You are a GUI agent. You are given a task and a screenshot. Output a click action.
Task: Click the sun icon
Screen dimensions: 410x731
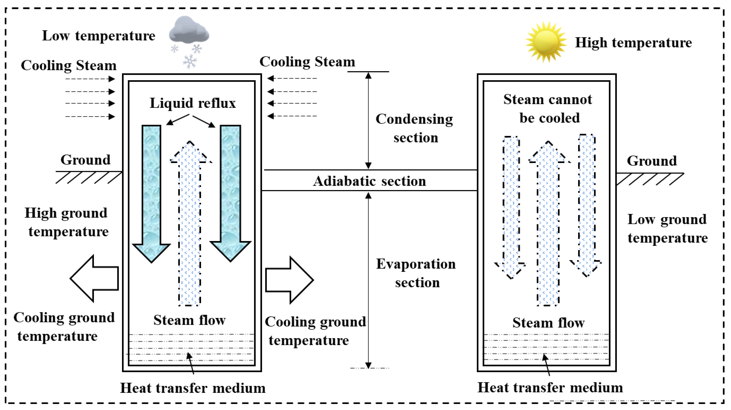[x=546, y=42]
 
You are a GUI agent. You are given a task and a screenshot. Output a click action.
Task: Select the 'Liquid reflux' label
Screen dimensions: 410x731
[x=193, y=103]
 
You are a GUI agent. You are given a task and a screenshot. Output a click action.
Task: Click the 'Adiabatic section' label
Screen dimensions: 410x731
[x=369, y=181]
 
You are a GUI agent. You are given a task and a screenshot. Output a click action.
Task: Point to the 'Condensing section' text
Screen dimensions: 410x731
[x=414, y=128]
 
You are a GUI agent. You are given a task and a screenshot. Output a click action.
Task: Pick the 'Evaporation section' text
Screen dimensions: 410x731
[x=416, y=273]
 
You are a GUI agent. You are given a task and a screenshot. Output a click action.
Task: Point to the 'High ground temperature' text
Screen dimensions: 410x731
[x=67, y=222]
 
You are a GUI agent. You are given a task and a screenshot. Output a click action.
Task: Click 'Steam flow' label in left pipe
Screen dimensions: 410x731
[x=189, y=320]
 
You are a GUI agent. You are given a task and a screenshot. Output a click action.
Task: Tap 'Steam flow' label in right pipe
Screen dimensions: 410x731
[x=548, y=322]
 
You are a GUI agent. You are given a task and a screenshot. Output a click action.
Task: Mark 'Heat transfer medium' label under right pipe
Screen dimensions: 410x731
[x=550, y=388]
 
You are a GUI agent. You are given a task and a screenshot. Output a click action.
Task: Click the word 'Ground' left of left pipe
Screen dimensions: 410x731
[x=85, y=160]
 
